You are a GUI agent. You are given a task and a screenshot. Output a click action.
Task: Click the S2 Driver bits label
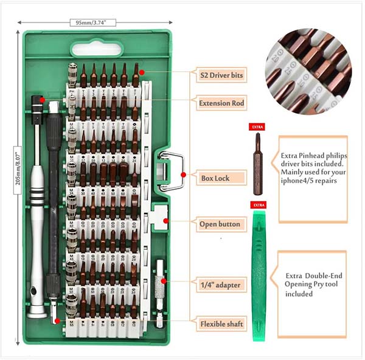pyautogui.click(x=221, y=75)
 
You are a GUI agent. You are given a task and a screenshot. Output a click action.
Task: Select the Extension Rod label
pyautogui.click(x=221, y=103)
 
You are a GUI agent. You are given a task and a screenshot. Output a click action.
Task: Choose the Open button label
pyautogui.click(x=220, y=224)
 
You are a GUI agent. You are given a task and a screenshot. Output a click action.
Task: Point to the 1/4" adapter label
pyautogui.click(x=220, y=284)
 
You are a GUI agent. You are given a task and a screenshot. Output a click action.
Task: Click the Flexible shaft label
pyautogui.click(x=222, y=324)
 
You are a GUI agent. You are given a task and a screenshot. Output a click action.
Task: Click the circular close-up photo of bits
pyautogui.click(x=308, y=71)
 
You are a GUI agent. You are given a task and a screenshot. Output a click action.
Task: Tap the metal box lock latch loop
pyautogui.click(x=172, y=172)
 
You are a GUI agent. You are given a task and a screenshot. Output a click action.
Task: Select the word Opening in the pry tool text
pyautogui.click(x=297, y=284)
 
